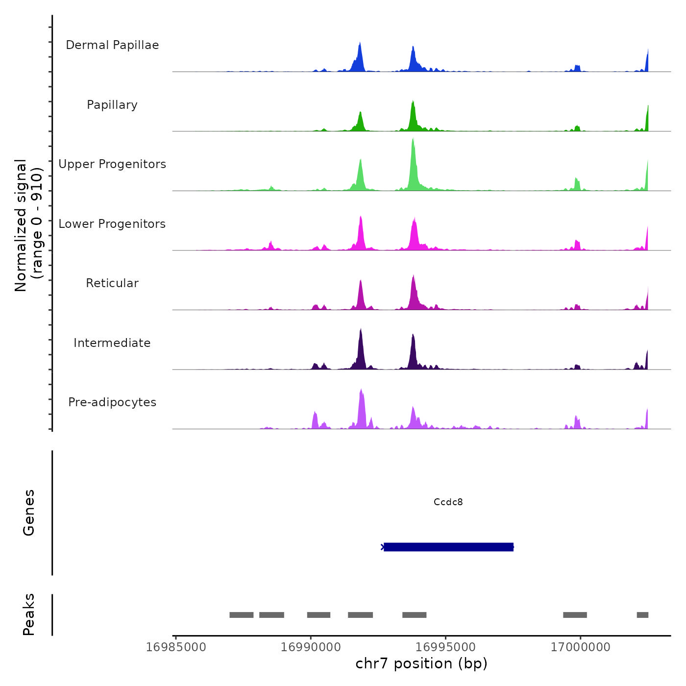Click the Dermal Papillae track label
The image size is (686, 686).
click(x=112, y=45)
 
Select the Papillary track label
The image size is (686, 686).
click(x=112, y=105)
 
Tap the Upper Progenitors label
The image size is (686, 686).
click(x=112, y=164)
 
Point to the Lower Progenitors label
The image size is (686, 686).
click(x=112, y=224)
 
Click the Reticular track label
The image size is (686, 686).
click(x=112, y=283)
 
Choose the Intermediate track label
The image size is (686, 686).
click(x=112, y=343)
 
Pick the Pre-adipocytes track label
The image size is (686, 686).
click(x=112, y=402)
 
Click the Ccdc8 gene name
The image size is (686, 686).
click(x=448, y=502)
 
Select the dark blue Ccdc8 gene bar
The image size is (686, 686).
click(x=448, y=547)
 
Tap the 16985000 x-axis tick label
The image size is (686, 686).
click(x=176, y=647)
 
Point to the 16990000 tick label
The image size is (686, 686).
click(x=311, y=647)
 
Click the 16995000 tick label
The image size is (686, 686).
click(x=445, y=647)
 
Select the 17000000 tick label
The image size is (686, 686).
click(x=580, y=647)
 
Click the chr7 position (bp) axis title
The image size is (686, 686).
click(x=421, y=663)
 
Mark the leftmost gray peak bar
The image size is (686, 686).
click(x=241, y=615)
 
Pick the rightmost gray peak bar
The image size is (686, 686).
click(x=642, y=615)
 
